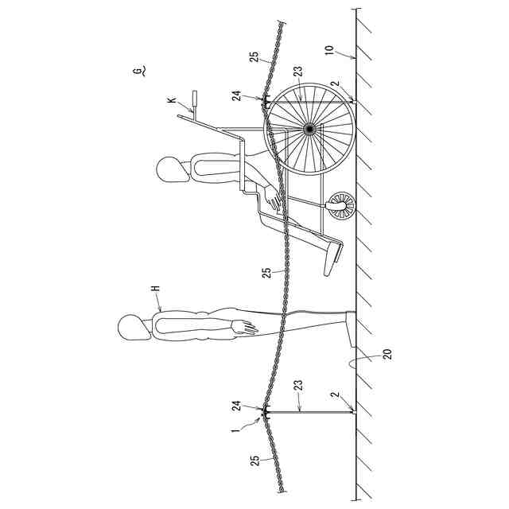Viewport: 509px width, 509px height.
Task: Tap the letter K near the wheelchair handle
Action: click(x=171, y=101)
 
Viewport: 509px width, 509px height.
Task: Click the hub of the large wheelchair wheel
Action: click(x=309, y=128)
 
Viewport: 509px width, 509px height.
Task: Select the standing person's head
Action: click(x=130, y=328)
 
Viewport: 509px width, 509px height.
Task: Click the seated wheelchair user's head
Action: click(x=169, y=169)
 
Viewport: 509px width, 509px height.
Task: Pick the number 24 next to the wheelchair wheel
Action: click(x=236, y=95)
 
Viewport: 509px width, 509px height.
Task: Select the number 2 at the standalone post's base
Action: click(x=336, y=395)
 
